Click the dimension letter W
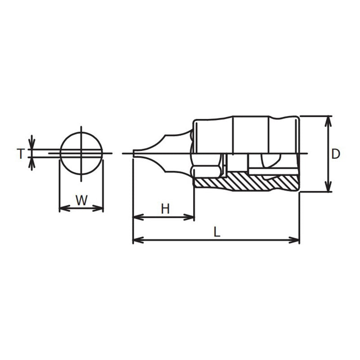point(81,200)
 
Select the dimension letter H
point(165,208)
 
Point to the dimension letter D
point(336,154)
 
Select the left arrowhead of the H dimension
point(136,217)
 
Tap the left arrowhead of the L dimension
point(136,240)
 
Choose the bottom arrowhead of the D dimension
point(328,188)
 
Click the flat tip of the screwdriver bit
point(135,154)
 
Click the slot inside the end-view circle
point(81,153)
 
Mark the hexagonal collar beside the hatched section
point(205,171)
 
